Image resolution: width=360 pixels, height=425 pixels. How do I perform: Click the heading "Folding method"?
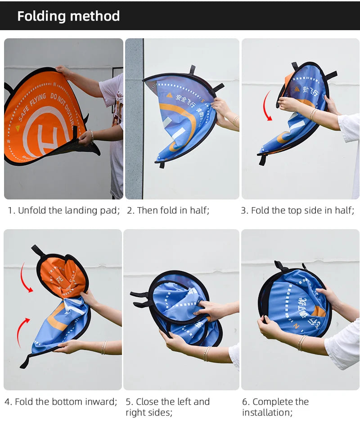(x=68, y=16)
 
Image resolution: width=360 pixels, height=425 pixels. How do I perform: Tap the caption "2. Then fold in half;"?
(x=168, y=210)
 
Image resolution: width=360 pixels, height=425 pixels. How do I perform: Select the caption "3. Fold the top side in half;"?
(x=297, y=210)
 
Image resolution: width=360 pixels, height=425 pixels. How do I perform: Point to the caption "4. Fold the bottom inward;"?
(x=61, y=401)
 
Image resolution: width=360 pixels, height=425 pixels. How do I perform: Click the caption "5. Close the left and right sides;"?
(x=167, y=407)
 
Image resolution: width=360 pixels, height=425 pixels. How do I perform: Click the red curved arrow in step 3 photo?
(x=266, y=105)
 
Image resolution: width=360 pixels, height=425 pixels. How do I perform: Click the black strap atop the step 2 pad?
(x=192, y=69)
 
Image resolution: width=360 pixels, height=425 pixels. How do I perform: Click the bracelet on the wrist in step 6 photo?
(x=301, y=343)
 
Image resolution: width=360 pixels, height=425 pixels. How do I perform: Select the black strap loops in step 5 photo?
(x=139, y=299)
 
